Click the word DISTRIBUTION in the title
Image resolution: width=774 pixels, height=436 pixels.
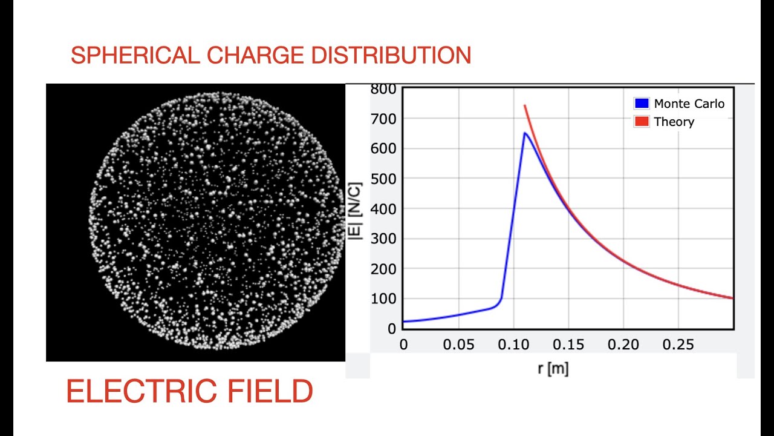click(391, 56)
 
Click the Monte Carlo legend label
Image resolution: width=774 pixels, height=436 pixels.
click(689, 104)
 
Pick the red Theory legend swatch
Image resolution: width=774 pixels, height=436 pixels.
click(641, 122)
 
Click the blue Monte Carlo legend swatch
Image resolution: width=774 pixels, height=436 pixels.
click(641, 104)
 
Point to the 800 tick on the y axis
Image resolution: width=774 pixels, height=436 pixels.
click(384, 90)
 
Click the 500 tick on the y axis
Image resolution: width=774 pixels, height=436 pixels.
click(384, 179)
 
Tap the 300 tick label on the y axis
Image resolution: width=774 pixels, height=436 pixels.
click(384, 239)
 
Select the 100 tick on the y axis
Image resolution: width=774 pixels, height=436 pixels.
click(384, 299)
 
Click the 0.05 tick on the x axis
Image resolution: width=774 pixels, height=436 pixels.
click(458, 345)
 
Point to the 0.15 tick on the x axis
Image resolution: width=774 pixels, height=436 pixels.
click(568, 345)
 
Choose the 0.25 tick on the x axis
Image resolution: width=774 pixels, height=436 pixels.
click(678, 345)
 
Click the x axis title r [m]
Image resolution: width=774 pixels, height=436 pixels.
click(553, 368)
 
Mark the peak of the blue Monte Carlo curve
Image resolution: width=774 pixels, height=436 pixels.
click(525, 133)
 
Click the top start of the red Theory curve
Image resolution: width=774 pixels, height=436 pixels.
click(524, 105)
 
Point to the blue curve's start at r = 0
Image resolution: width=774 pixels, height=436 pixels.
click(404, 322)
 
